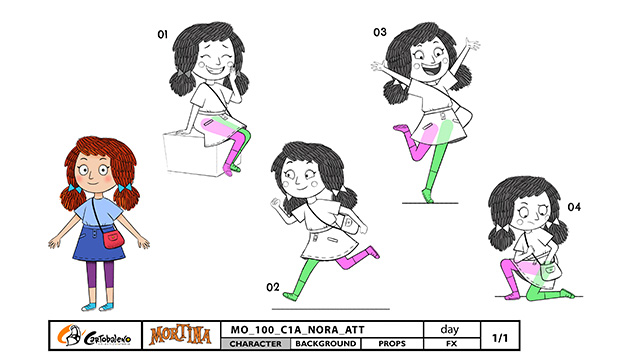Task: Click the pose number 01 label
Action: click(162, 34)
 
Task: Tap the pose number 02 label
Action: click(273, 287)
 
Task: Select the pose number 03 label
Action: click(380, 32)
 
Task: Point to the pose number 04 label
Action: click(574, 207)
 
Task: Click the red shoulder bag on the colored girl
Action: click(113, 239)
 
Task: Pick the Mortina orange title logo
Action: click(180, 335)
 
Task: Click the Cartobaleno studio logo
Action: click(94, 336)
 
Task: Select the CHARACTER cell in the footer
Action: click(256, 344)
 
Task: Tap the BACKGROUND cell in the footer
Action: click(326, 344)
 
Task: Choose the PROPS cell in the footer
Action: click(392, 344)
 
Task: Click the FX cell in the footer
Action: click(451, 344)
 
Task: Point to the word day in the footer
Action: click(449, 329)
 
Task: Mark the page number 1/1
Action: click(500, 338)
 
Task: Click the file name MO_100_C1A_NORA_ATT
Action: click(297, 330)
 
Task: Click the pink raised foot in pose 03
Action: click(401, 128)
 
